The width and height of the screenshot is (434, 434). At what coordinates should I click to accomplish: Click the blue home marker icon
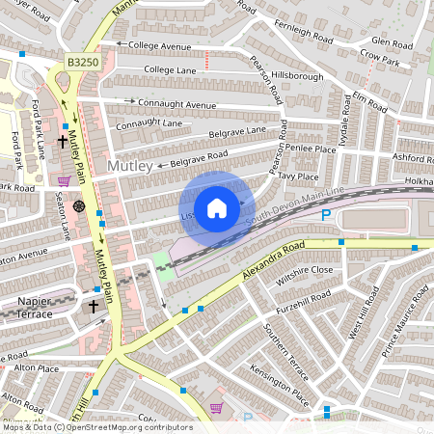(217, 207)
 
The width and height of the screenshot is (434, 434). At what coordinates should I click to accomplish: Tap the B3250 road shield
(83, 61)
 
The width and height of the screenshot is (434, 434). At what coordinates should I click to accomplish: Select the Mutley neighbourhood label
(130, 167)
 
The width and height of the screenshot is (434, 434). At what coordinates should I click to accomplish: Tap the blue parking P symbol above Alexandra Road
(325, 216)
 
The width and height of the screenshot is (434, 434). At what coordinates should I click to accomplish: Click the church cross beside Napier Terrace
(94, 306)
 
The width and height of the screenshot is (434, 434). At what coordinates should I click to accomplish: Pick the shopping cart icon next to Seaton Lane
(64, 180)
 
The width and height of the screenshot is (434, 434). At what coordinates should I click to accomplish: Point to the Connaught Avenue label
(179, 103)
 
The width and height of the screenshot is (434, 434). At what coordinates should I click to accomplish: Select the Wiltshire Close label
(305, 271)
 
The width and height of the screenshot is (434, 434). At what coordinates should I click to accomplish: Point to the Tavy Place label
(297, 176)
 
